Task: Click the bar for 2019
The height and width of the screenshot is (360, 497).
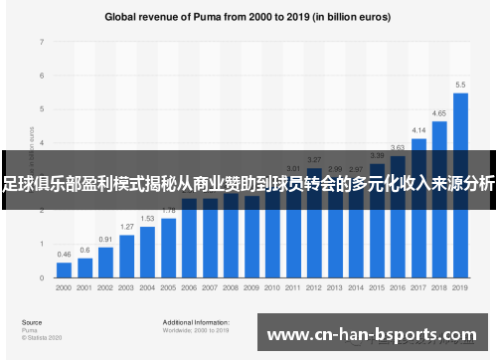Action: coord(460,184)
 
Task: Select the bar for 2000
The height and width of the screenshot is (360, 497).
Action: coord(64,268)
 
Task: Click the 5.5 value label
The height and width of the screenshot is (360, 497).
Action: coord(460,85)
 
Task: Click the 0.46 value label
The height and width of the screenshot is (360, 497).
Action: coord(64,255)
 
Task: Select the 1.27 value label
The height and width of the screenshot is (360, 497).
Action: coord(126,227)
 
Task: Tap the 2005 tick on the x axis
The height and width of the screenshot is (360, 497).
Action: coord(168,286)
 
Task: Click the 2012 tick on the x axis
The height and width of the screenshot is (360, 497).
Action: coord(314,286)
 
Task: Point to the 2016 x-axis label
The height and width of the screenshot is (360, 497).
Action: coord(398,286)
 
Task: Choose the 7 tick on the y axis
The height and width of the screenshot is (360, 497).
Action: coord(42,42)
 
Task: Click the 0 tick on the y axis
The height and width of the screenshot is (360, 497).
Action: coord(42,276)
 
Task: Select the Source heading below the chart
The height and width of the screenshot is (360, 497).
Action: coord(32,322)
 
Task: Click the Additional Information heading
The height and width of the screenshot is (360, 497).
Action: coord(196,322)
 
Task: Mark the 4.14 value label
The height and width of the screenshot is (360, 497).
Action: coord(418,130)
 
